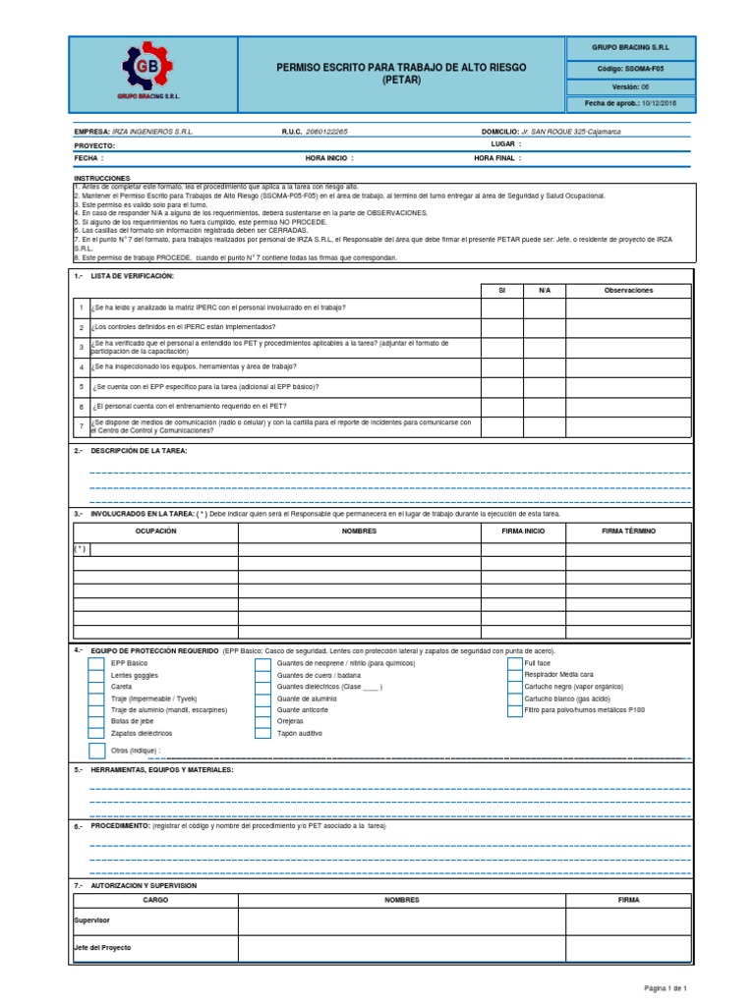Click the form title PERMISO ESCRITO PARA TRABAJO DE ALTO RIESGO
(400, 67)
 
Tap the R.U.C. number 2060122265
(326, 131)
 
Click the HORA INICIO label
(328, 157)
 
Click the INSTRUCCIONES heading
(101, 178)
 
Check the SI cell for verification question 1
(501, 308)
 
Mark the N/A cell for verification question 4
(545, 366)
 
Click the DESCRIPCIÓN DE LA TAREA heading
(138, 450)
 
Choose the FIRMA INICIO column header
(522, 531)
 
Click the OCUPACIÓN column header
(155, 531)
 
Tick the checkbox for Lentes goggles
(96, 676)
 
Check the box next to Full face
(515, 663)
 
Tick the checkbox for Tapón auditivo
(262, 733)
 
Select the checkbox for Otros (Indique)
(96, 751)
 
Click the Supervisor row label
(92, 921)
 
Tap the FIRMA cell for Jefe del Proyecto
(629, 948)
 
